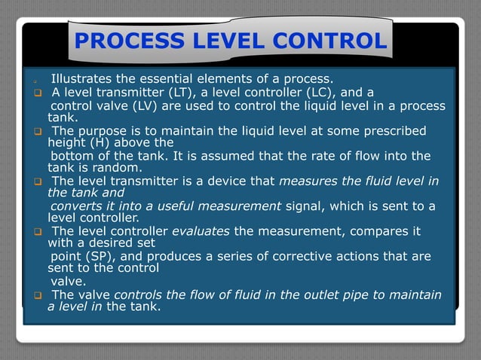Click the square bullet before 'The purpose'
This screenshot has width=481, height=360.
(x=36, y=132)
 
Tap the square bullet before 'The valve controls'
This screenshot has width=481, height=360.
(x=36, y=295)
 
